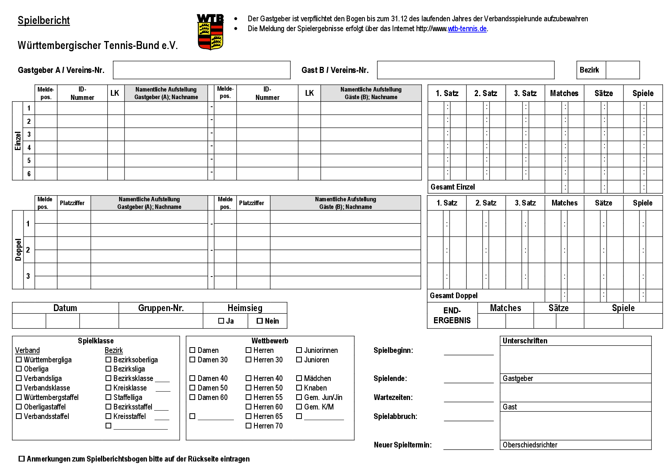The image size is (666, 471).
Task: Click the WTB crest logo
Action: [210, 32]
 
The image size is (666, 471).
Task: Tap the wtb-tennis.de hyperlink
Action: [467, 29]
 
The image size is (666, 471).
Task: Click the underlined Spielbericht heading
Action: [44, 21]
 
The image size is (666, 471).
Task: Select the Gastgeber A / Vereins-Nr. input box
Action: [202, 70]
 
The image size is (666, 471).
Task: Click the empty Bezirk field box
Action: [622, 70]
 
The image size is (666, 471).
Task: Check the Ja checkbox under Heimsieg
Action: [221, 321]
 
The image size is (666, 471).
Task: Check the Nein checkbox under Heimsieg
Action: [260, 321]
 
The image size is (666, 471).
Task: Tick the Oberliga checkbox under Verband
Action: [19, 369]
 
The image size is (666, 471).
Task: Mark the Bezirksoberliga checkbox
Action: [109, 359]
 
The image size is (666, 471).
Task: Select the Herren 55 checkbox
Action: [249, 397]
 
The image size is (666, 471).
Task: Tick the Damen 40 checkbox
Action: [193, 378]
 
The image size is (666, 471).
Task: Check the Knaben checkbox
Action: [299, 388]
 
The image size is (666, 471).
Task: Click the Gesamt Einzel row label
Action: [453, 187]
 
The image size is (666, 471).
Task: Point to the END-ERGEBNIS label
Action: [452, 315]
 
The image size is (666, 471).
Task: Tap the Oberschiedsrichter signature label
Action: [530, 445]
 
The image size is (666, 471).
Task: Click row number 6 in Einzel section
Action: [29, 174]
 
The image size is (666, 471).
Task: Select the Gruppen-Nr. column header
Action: [161, 308]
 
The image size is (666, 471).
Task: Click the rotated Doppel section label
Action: [18, 250]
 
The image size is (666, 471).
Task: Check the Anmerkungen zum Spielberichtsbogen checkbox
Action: [22, 459]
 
